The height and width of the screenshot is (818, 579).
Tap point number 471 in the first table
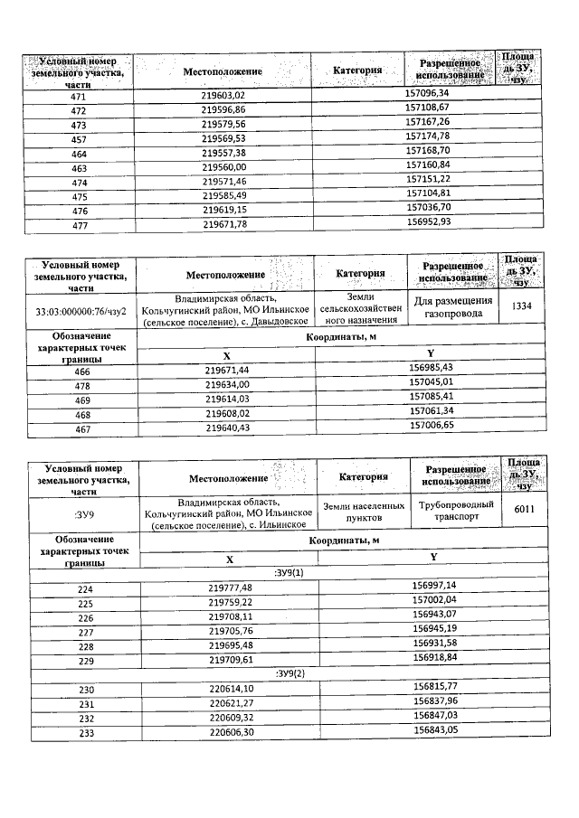click(78, 95)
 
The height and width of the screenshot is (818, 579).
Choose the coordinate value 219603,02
click(223, 95)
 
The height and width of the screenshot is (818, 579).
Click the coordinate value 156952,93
click(428, 221)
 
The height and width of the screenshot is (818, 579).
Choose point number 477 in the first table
click(78, 222)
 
